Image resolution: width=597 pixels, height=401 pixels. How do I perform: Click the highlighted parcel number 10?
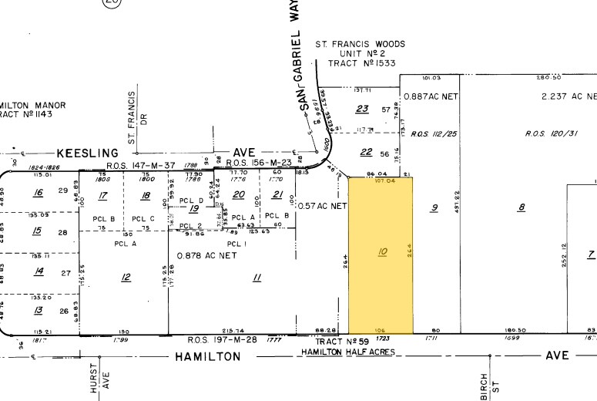point(382,252)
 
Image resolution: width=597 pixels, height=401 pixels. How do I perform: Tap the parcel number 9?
point(434,207)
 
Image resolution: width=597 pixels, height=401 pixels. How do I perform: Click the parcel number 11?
point(257,277)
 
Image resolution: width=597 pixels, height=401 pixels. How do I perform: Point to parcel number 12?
point(126,277)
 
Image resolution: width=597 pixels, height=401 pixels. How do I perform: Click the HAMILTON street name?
point(206,356)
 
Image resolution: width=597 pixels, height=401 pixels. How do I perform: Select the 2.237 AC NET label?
point(568,96)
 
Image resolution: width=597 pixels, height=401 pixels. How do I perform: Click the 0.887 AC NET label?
point(431,96)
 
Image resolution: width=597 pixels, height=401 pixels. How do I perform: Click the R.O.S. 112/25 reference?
point(431,133)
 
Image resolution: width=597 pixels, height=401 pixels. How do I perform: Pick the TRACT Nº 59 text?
point(338,340)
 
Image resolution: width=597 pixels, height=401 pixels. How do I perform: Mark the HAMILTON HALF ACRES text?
point(347,352)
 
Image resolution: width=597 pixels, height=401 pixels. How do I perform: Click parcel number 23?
point(362,110)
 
